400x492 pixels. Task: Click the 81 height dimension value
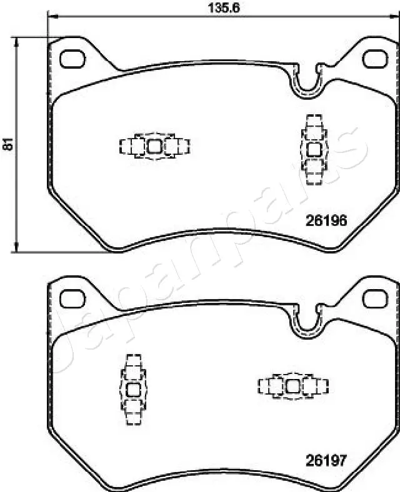tap(7, 144)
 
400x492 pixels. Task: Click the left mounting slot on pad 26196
tap(73, 59)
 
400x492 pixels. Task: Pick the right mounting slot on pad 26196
tap(376, 58)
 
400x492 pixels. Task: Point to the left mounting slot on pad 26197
tap(73, 298)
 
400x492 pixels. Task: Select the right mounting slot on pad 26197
tap(376, 298)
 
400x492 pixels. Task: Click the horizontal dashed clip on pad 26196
tap(154, 146)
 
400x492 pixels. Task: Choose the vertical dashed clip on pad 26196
tap(314, 149)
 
